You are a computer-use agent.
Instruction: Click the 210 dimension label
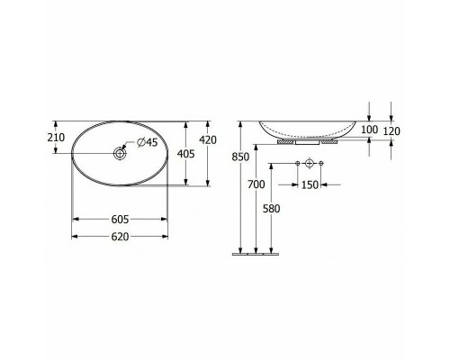tap(56, 138)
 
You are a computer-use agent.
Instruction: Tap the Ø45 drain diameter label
tap(147, 142)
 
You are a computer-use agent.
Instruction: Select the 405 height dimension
tap(186, 154)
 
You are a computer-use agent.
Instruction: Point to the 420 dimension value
tap(208, 140)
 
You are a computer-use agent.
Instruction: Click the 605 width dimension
tap(120, 220)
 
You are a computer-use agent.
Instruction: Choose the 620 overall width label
tap(120, 237)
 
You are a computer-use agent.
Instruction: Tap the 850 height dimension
tap(240, 157)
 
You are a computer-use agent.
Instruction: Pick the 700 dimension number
tap(256, 184)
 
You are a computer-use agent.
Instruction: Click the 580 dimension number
tap(272, 209)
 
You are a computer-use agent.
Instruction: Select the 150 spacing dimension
tap(310, 185)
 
